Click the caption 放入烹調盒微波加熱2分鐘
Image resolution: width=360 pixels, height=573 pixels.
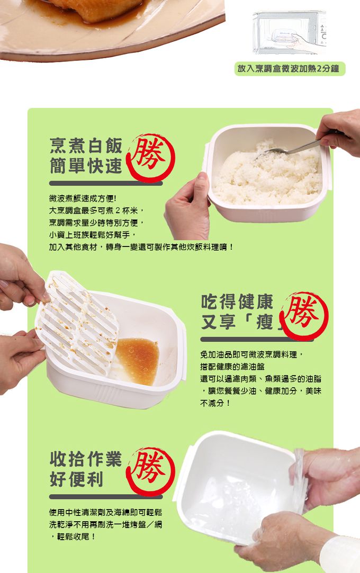(290, 69)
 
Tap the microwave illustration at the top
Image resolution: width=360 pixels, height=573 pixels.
(289, 32)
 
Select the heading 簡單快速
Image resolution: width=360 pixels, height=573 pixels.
(85, 166)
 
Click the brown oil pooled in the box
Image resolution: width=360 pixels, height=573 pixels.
(137, 360)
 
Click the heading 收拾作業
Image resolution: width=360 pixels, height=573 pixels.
(85, 459)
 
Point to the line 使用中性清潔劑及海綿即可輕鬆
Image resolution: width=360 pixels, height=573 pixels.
(105, 512)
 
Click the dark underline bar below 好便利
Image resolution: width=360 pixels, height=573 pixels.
(105, 496)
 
